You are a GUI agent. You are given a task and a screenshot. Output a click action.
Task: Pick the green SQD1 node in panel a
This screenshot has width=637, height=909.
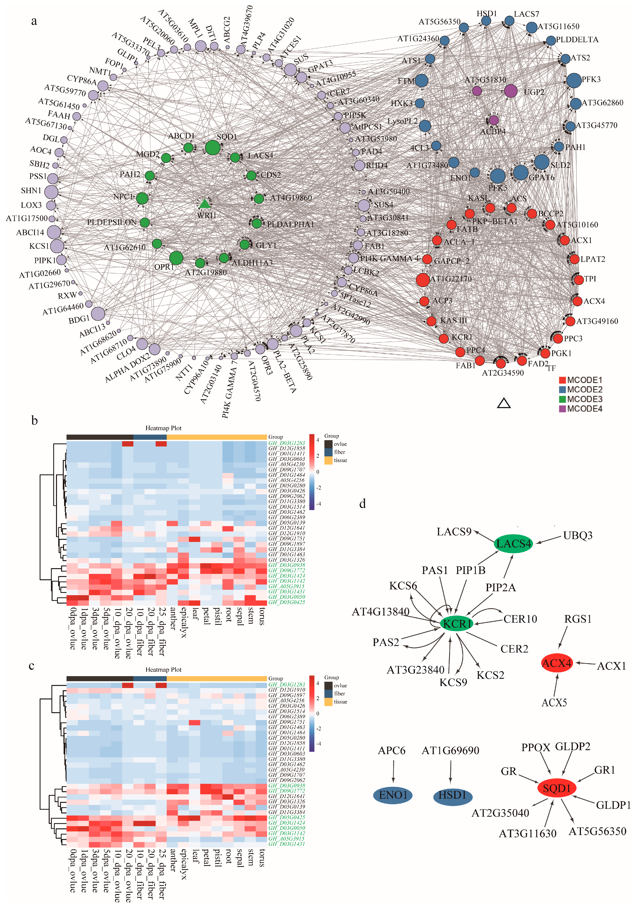(213, 148)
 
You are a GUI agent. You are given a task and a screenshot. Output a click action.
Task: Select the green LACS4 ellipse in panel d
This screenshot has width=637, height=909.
(513, 544)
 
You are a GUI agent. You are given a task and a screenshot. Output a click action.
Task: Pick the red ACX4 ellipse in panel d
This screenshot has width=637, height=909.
(557, 663)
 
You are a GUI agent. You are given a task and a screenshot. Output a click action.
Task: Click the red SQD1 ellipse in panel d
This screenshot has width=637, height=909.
(557, 788)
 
